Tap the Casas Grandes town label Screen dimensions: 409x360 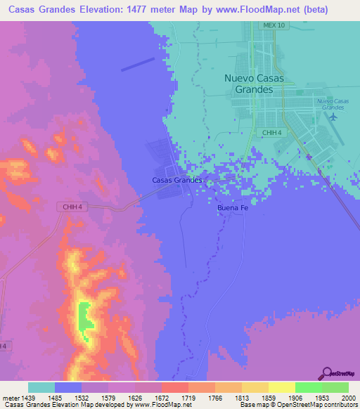177,180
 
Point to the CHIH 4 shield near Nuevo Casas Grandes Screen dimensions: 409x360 271,132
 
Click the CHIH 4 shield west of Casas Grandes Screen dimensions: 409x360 70,206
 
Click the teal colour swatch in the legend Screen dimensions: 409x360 41,387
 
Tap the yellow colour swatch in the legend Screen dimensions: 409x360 281,387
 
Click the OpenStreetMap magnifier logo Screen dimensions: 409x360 326,374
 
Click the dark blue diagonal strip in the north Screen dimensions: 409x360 138,64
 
